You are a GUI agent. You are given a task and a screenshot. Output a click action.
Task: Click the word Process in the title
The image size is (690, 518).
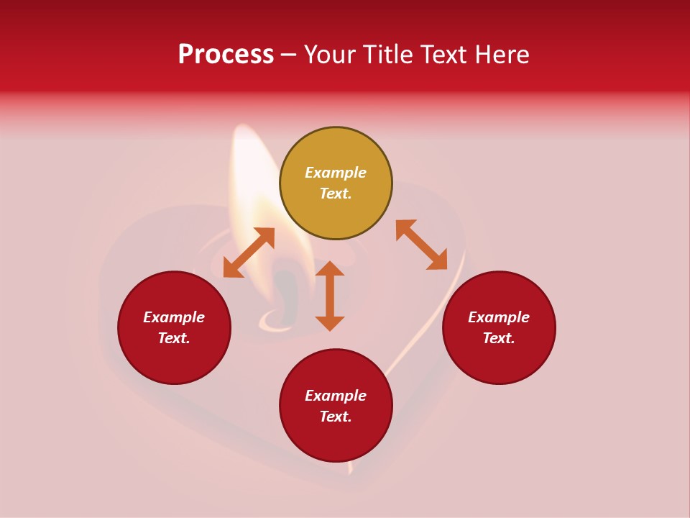(226, 55)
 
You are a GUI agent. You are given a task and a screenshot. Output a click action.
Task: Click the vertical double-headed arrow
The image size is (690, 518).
(330, 296)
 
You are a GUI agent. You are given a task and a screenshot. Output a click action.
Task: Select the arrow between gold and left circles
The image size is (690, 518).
(249, 252)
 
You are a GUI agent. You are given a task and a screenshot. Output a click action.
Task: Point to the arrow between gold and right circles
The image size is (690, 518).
(422, 245)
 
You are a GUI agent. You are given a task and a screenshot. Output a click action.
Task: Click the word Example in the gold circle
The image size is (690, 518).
(336, 173)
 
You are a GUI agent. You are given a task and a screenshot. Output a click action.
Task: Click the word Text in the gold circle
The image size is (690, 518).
(334, 194)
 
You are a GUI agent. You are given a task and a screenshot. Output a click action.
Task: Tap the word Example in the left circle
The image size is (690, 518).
(174, 317)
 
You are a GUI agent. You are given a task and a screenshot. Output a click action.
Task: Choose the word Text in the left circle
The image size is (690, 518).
(173, 338)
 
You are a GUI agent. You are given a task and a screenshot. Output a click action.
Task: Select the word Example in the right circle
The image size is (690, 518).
(499, 317)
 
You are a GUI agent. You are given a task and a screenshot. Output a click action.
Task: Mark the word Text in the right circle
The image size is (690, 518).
(497, 338)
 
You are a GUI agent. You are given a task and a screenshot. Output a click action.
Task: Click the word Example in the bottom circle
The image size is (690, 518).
(336, 396)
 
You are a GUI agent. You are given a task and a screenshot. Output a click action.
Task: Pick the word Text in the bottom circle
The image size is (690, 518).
(334, 417)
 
